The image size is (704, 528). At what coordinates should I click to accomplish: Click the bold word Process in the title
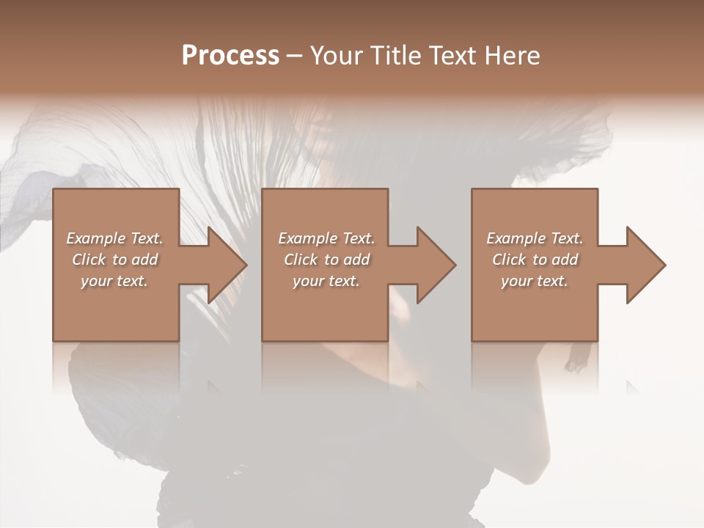[x=230, y=56]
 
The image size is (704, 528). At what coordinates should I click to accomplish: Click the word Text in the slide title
[x=453, y=56]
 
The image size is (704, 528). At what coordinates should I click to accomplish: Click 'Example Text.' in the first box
[x=114, y=238]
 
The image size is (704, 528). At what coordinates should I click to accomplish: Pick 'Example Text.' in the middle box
[x=326, y=238]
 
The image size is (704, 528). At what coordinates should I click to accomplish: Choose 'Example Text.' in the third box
[x=535, y=238]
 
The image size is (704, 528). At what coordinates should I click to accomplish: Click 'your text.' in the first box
[x=114, y=281]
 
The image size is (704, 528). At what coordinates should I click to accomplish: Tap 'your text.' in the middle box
[x=326, y=281]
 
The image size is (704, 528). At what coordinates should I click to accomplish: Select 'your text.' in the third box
[x=535, y=281]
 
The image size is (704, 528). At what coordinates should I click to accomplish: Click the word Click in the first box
[x=88, y=260]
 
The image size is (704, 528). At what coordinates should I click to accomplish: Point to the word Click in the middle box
[x=300, y=260]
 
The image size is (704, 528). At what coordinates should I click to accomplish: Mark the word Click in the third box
[x=509, y=260]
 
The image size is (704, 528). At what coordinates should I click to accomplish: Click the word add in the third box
[x=565, y=260]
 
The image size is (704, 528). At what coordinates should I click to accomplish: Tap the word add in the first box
[x=144, y=260]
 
